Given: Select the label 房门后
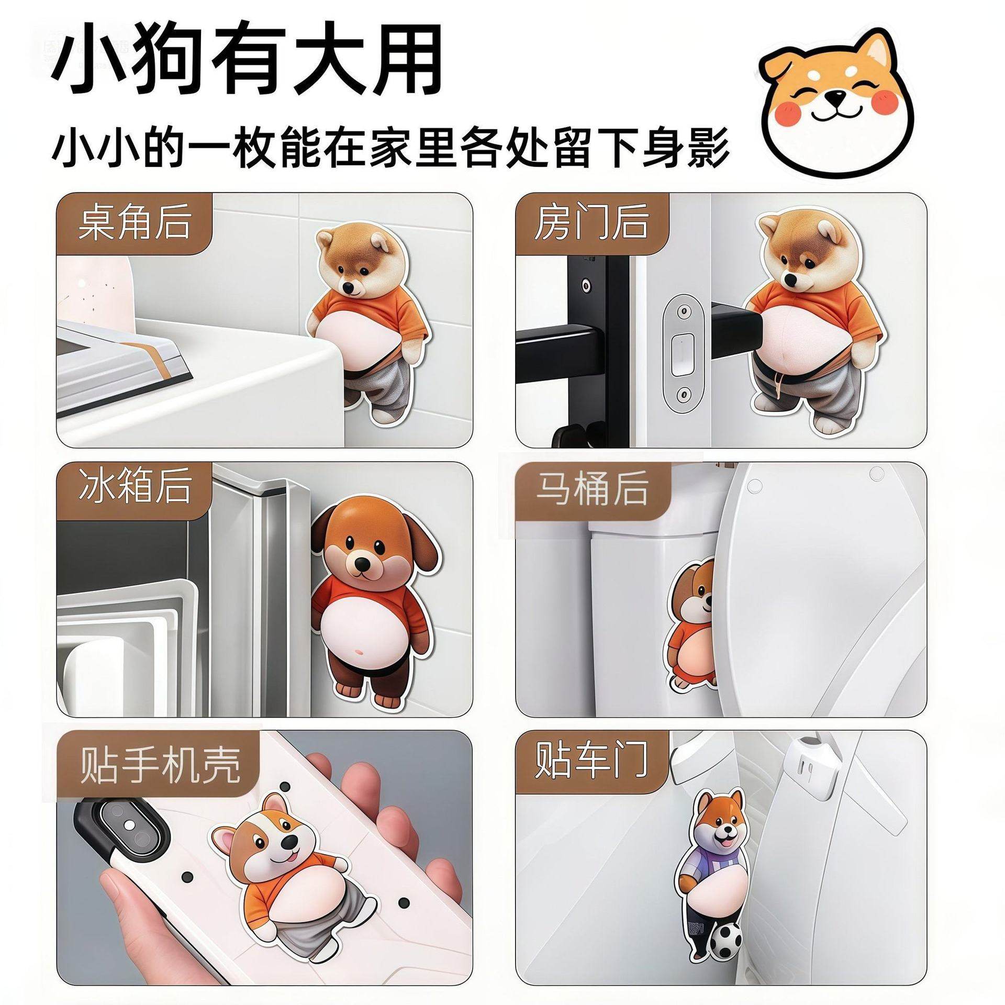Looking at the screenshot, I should [x=591, y=224].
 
